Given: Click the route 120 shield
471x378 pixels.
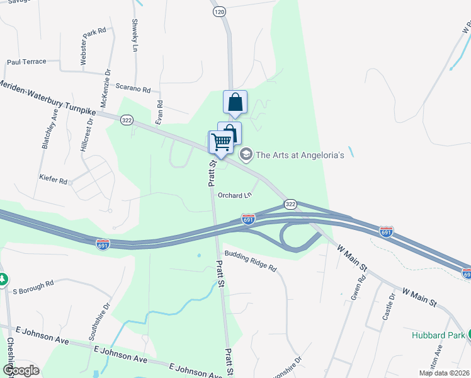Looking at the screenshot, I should [219, 12].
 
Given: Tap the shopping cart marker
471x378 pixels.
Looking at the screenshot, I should [220, 142].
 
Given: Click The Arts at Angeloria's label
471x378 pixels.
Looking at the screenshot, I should [300, 155].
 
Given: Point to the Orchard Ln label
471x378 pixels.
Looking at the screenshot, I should [234, 195].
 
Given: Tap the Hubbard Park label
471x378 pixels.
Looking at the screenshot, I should [438, 335].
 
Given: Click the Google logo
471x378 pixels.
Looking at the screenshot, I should [21, 370].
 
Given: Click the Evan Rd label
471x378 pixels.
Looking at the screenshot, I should [160, 112].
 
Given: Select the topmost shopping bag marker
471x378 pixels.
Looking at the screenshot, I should [235, 103].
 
